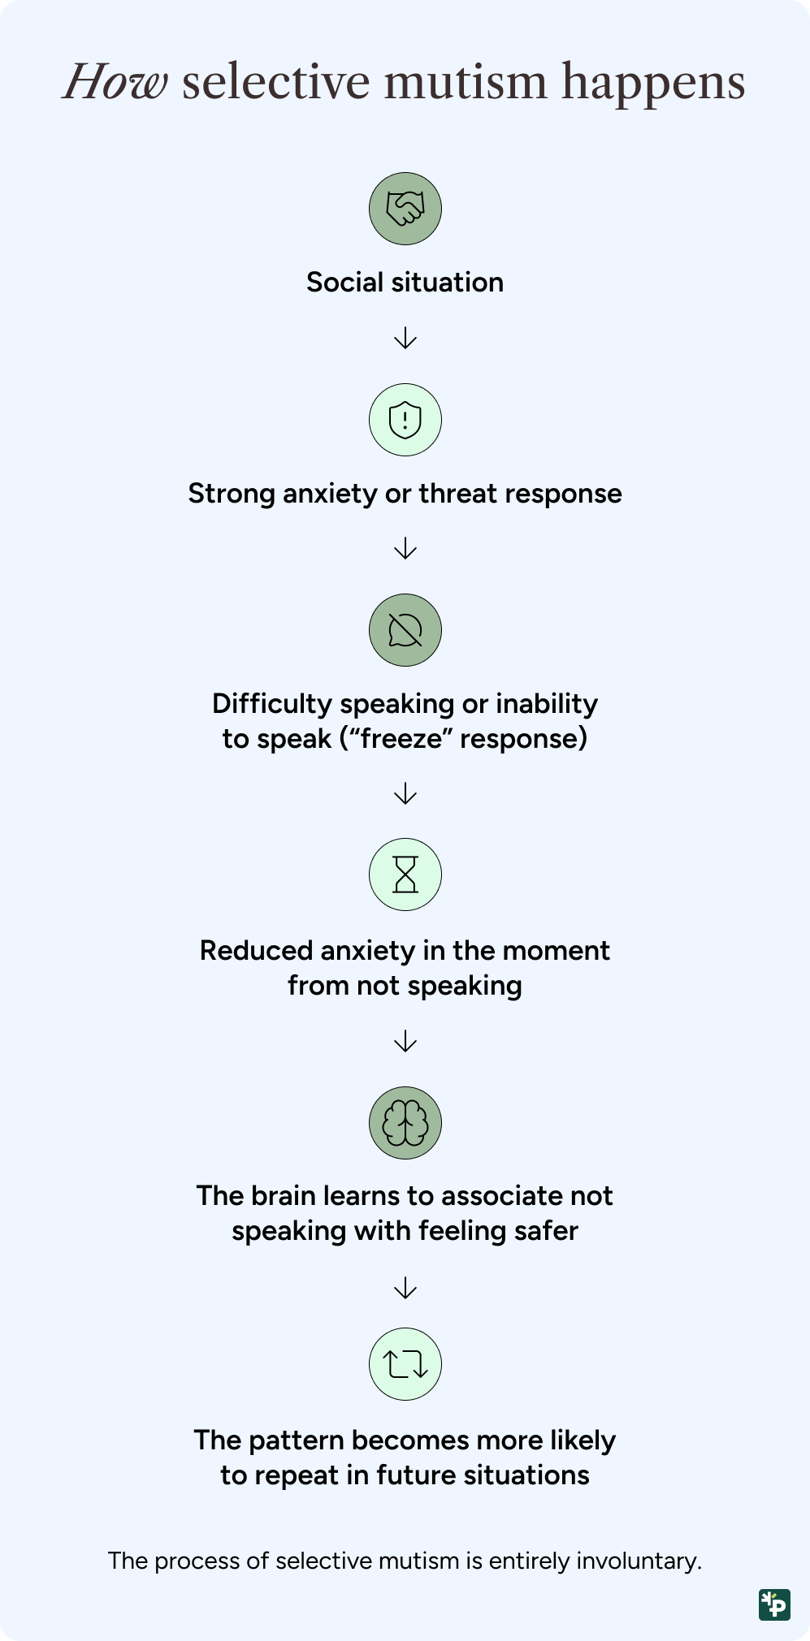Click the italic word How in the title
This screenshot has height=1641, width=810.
(x=116, y=82)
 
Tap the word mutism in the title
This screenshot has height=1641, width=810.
(x=466, y=82)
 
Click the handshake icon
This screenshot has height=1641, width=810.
(x=405, y=209)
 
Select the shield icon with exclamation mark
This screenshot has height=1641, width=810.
(x=405, y=420)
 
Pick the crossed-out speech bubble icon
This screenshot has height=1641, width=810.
(x=405, y=630)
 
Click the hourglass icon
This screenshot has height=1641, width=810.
(x=405, y=874)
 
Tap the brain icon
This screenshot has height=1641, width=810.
(x=405, y=1123)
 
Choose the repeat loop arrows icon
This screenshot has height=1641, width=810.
(x=405, y=1364)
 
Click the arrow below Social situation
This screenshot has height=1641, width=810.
(x=405, y=338)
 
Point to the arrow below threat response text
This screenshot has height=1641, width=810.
(x=405, y=549)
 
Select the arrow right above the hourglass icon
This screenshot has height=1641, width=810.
(x=405, y=793)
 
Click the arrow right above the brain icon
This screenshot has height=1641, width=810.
(x=405, y=1041)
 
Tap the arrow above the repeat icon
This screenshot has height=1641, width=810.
(x=405, y=1288)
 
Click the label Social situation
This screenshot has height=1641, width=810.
(x=405, y=283)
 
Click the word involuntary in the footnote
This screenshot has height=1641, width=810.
(x=637, y=1561)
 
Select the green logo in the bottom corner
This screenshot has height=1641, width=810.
(x=774, y=1604)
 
